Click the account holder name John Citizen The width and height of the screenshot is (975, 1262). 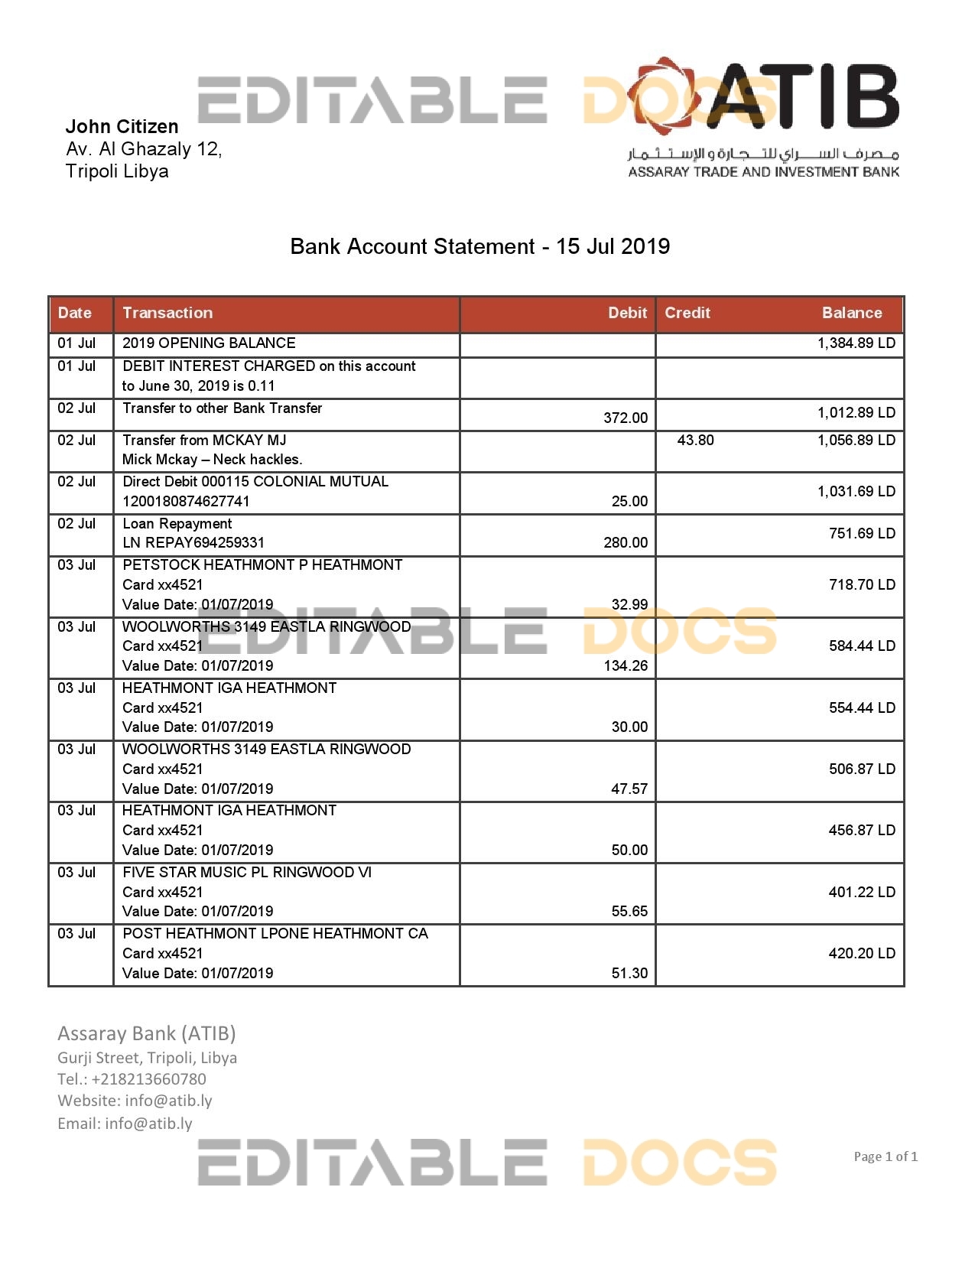tap(122, 126)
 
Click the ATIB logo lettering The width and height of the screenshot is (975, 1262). tap(803, 96)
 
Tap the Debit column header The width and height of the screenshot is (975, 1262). tap(627, 313)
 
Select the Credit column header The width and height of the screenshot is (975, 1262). tap(687, 313)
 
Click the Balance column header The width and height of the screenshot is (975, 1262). tap(851, 313)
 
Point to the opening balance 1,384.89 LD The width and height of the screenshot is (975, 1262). tap(856, 343)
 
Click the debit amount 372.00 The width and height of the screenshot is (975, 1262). tap(625, 418)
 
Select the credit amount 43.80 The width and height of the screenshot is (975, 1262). tap(695, 441)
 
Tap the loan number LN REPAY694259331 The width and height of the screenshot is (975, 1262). tap(193, 543)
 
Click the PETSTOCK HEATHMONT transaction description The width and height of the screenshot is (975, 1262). tap(262, 565)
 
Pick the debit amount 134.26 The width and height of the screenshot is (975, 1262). tap(625, 666)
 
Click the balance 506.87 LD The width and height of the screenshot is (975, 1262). tap(861, 769)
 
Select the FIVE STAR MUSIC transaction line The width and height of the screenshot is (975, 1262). tap(247, 873)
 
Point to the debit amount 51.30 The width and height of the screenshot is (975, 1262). tap(629, 974)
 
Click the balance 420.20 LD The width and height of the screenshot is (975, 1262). tap(861, 954)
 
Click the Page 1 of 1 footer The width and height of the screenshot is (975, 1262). tap(885, 1156)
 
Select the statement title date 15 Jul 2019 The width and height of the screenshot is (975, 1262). tap(613, 246)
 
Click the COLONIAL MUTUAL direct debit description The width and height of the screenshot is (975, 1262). tap(255, 482)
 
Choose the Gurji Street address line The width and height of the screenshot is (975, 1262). tap(147, 1058)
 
